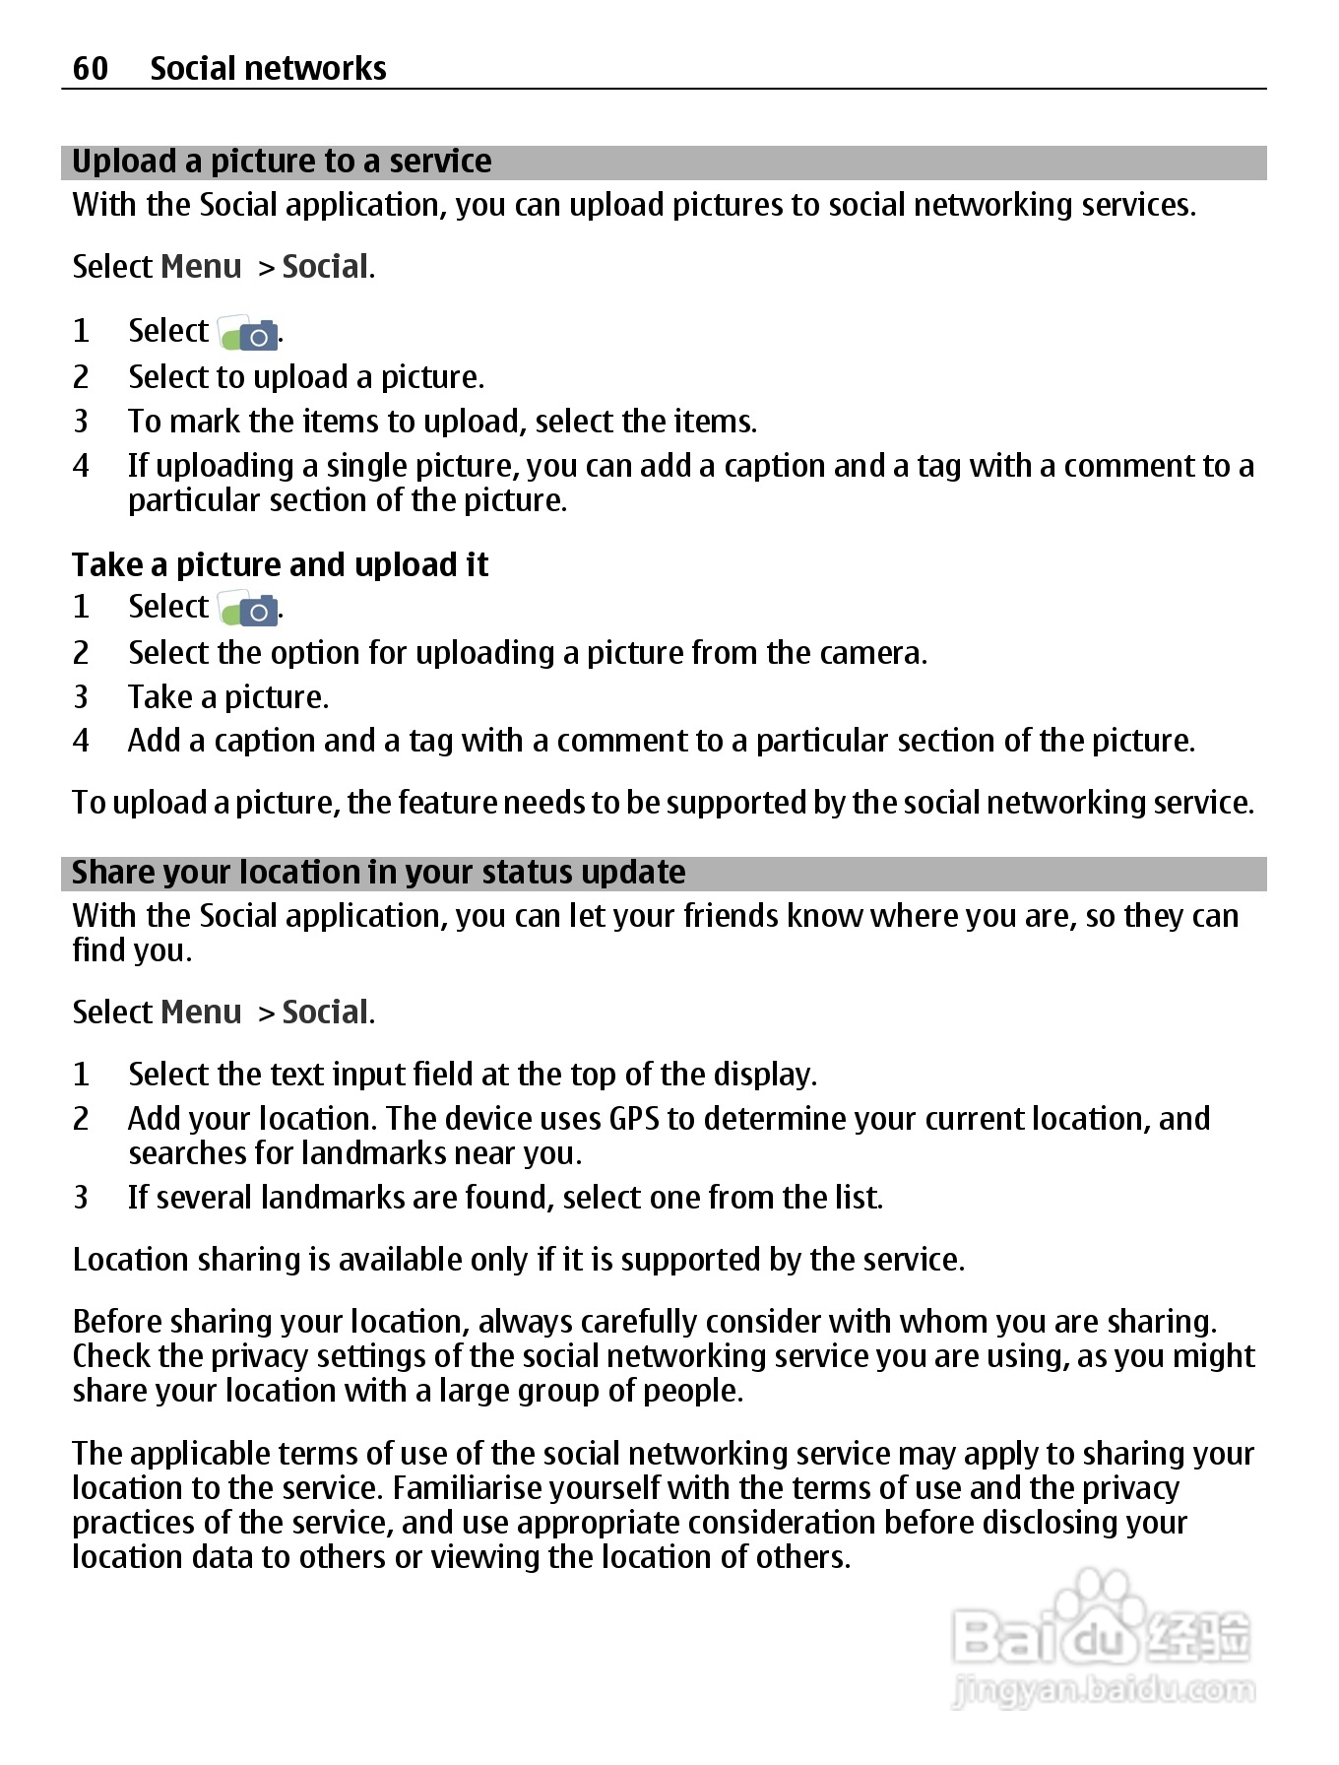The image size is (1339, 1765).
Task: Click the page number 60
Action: pos(90,68)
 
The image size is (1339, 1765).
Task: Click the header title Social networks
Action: pos(268,68)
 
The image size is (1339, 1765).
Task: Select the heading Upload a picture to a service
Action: pos(282,162)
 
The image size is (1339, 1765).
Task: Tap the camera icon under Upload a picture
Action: pos(248,334)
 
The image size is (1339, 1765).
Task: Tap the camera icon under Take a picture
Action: pos(248,610)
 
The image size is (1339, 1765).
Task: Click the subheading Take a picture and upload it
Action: pos(281,565)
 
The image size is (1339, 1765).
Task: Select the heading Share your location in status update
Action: pos(379,873)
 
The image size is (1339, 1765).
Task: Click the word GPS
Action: pos(633,1119)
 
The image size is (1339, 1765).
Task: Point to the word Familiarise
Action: pos(525,1488)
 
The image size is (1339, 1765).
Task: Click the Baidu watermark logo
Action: pos(1101,1635)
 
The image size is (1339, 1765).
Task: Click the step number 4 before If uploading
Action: pos(81,466)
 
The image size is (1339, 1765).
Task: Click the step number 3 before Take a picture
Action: pos(81,697)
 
